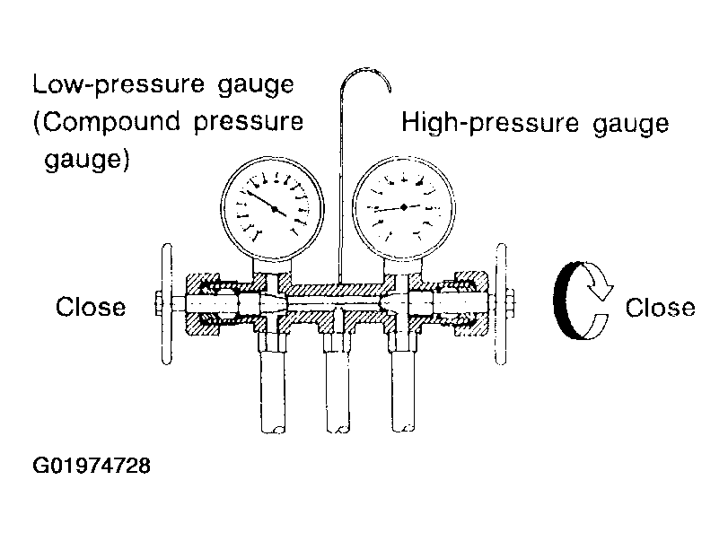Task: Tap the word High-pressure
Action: (490, 124)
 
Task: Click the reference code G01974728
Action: (92, 466)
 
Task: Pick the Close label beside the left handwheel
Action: (91, 307)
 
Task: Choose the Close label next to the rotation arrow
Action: (660, 308)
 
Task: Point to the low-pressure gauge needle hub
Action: (275, 209)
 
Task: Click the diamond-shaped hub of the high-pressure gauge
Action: (404, 207)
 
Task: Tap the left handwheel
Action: (167, 304)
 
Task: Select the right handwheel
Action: (501, 304)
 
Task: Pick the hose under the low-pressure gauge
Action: (273, 392)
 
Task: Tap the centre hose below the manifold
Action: (338, 392)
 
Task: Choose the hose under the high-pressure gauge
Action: (403, 391)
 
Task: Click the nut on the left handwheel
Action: (158, 304)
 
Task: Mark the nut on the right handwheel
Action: (510, 304)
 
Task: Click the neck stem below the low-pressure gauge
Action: (273, 266)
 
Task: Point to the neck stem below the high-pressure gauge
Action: (403, 266)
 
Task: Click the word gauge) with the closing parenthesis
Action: (87, 160)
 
